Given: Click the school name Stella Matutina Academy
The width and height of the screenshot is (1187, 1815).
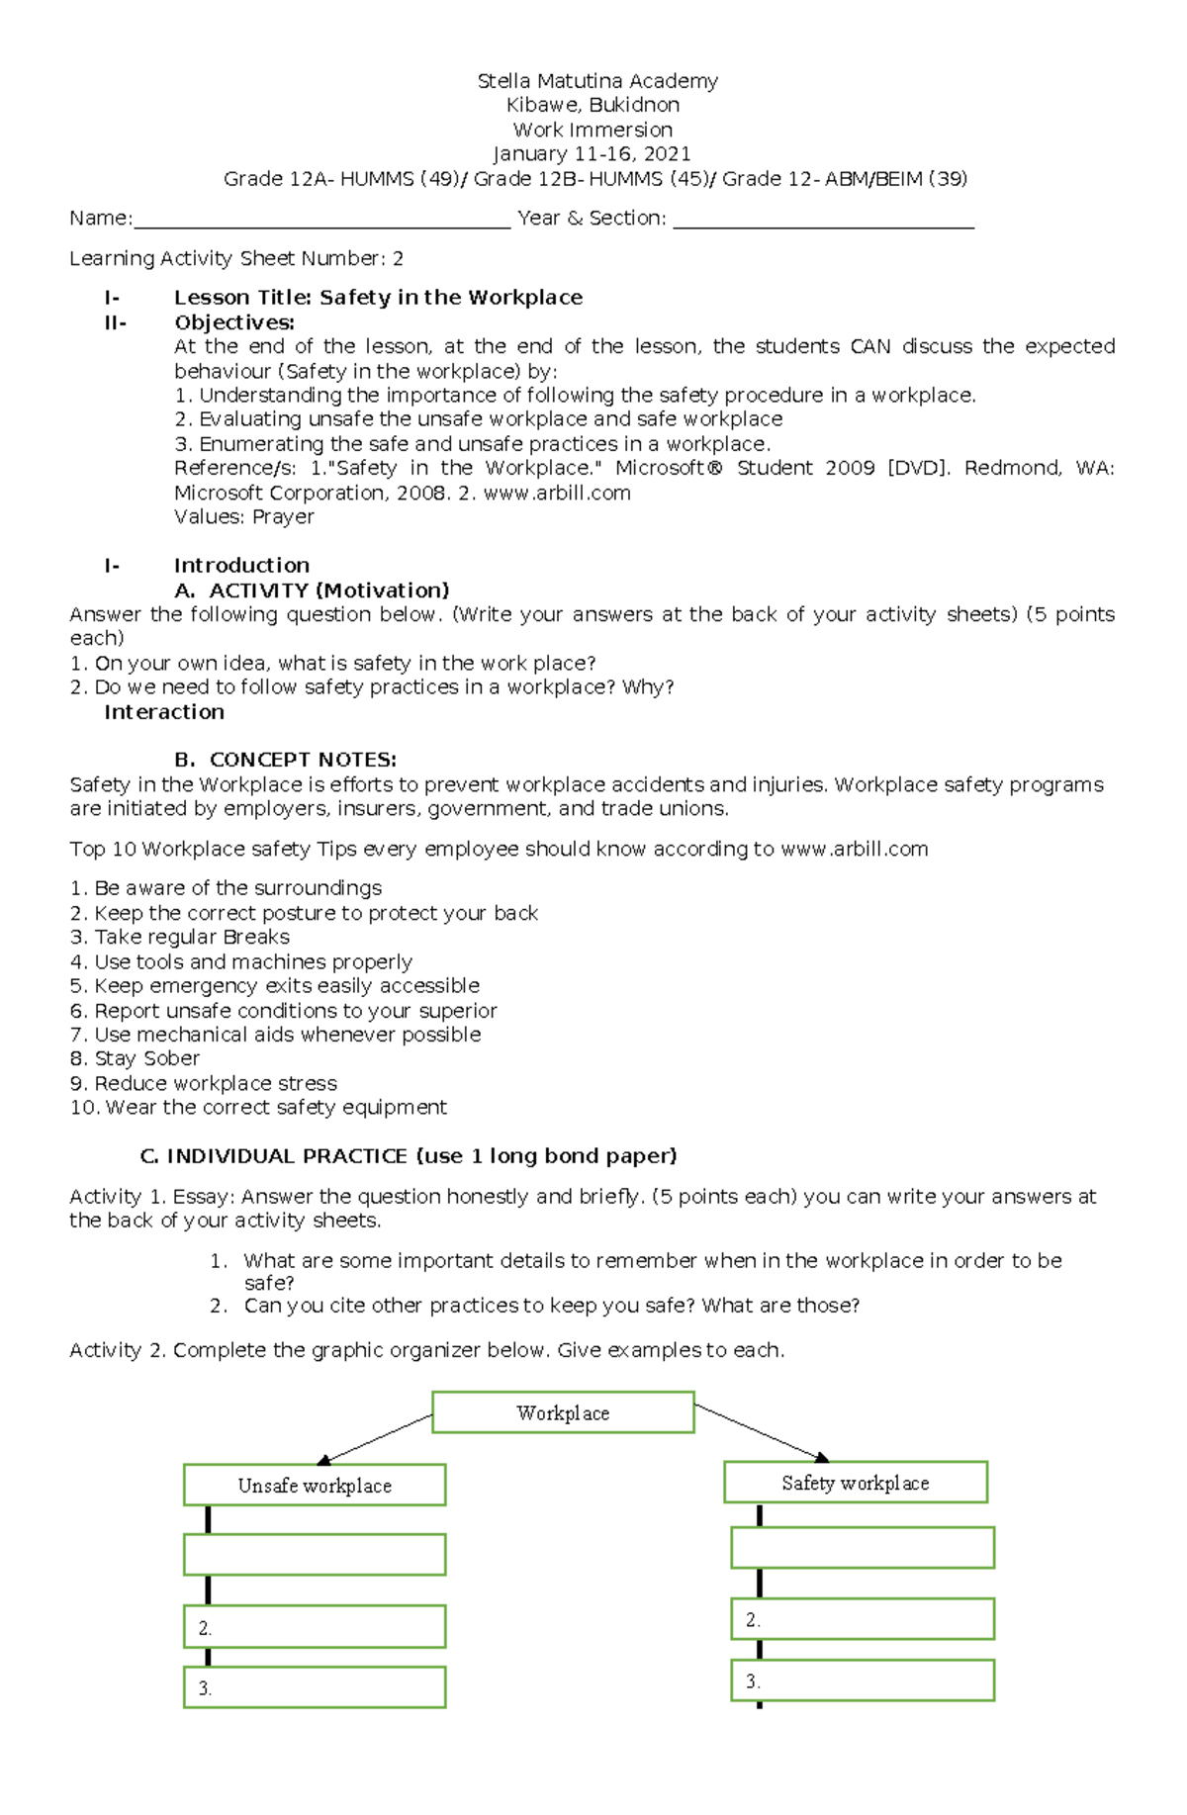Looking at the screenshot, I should click(x=597, y=81).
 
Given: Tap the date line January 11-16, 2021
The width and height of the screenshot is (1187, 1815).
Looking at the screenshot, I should click(x=592, y=154).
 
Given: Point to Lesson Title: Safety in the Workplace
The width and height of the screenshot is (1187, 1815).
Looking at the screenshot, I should click(x=378, y=298).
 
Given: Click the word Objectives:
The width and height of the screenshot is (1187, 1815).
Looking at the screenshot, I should click(x=234, y=322).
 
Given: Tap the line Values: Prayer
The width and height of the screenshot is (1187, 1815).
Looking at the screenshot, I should click(x=243, y=517).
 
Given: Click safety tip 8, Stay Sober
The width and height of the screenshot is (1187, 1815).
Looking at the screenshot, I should click(x=135, y=1058).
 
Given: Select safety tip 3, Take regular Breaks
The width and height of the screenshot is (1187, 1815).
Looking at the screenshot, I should click(x=180, y=937).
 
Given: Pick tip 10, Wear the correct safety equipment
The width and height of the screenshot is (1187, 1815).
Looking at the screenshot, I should click(x=258, y=1108).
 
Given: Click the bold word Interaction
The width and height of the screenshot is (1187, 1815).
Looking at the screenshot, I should click(x=164, y=712).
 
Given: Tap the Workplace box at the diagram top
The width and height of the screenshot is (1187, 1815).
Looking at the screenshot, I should click(x=563, y=1412).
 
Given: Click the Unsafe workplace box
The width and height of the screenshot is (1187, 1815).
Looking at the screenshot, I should click(x=315, y=1486).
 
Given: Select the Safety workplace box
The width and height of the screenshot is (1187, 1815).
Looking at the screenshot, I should click(x=856, y=1483).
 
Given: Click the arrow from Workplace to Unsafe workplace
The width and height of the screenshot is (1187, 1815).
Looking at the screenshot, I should click(x=375, y=1439).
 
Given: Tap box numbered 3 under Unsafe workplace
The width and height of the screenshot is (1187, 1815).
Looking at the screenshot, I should click(x=315, y=1687).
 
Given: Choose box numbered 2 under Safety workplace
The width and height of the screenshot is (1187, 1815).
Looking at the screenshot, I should click(x=863, y=1620).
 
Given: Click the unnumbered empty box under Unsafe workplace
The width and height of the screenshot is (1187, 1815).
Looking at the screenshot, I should click(x=315, y=1555).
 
